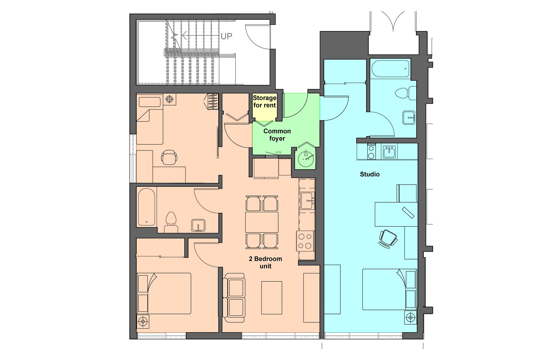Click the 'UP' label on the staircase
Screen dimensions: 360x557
click(x=226, y=36)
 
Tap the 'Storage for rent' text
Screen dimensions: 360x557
click(x=264, y=102)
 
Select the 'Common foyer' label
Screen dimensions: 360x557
click(x=277, y=135)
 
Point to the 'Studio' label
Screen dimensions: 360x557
click(x=370, y=174)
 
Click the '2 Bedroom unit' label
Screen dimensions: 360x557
click(x=265, y=262)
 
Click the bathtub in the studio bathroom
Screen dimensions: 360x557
click(x=390, y=69)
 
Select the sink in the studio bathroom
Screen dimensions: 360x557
click(x=409, y=118)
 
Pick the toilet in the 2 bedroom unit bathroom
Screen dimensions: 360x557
click(x=171, y=222)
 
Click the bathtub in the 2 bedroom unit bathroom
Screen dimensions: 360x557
click(x=147, y=206)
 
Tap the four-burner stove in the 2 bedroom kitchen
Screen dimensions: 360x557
click(x=305, y=241)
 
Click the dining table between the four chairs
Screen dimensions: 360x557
click(x=262, y=222)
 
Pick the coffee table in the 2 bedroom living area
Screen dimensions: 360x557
click(x=272, y=298)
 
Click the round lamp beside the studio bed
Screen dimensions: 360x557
click(x=410, y=317)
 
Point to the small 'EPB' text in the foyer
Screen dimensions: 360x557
click(x=278, y=152)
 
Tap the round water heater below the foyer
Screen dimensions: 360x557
click(x=305, y=159)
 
